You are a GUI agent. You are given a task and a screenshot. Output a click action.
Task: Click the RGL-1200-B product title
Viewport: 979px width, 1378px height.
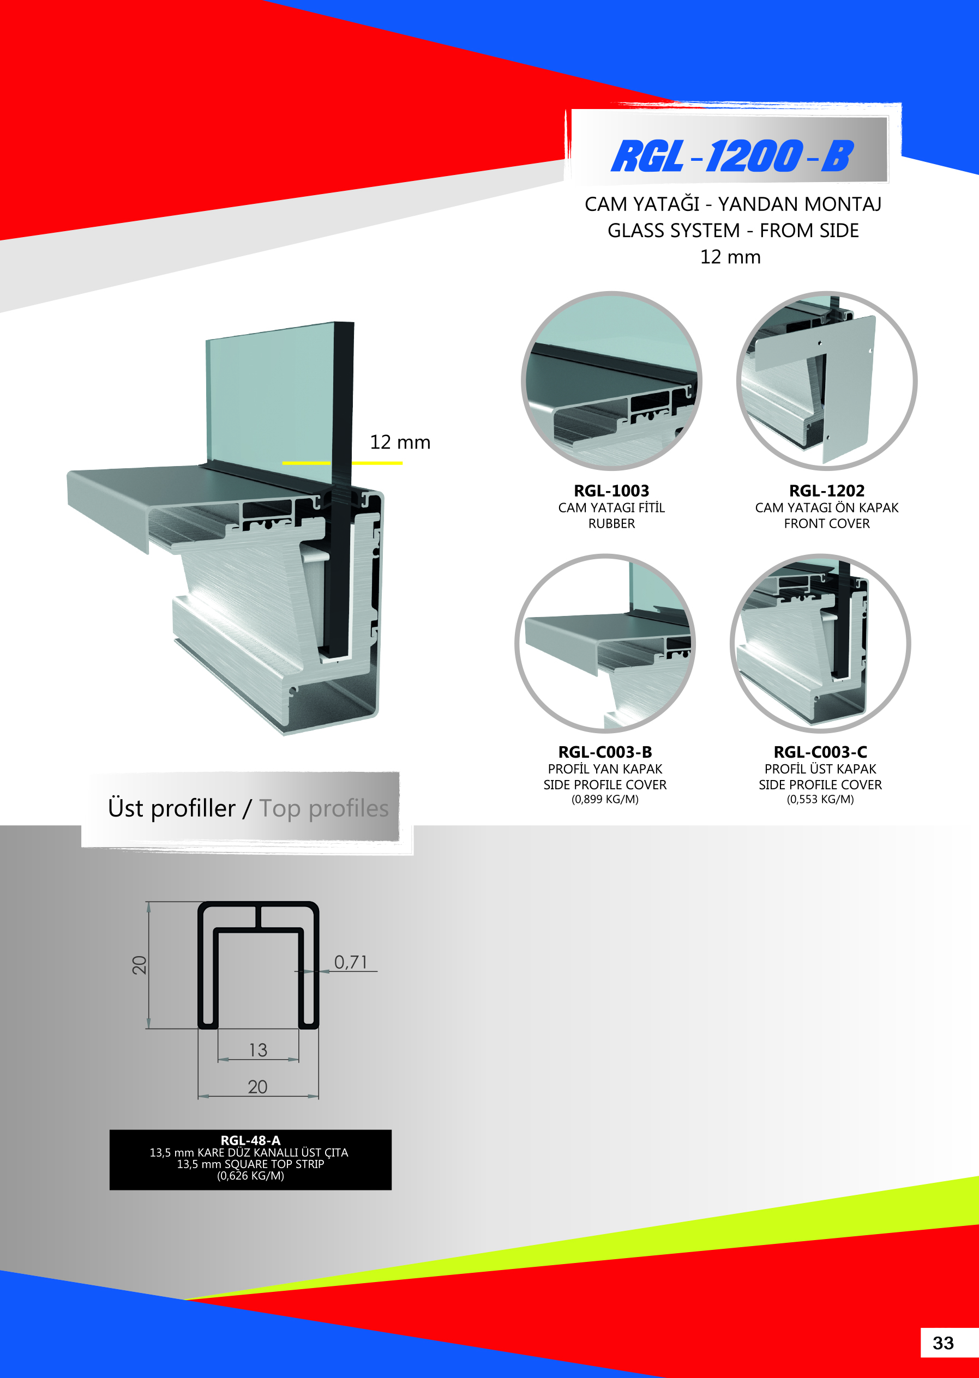[732, 155]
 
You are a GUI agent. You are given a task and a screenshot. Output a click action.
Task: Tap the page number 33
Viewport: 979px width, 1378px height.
[944, 1343]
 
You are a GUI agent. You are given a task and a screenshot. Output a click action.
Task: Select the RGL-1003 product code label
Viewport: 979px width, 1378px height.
[611, 491]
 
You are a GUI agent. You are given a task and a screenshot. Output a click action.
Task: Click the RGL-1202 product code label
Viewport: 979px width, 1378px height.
[826, 491]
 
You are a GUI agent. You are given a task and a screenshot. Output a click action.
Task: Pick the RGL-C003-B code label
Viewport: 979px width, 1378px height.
[605, 752]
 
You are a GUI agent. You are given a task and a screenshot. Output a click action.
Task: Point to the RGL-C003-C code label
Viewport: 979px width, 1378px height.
[820, 752]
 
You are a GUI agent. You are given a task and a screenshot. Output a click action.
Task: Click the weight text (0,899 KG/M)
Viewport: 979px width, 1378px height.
[605, 800]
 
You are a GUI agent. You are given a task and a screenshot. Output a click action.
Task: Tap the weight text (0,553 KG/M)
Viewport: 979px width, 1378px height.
[820, 800]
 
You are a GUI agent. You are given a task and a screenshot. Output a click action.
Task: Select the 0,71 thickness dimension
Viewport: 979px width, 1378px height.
[350, 962]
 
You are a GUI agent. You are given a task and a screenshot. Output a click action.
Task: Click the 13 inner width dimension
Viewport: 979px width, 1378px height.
[258, 1050]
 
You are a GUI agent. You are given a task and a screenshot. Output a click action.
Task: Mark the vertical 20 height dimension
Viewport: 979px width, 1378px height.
[139, 965]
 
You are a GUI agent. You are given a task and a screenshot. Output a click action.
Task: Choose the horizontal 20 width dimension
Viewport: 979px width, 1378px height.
[257, 1087]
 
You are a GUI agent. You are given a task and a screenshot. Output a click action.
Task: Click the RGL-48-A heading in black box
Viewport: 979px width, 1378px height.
[250, 1140]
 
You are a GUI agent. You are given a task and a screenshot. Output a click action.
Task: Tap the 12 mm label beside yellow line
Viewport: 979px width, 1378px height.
[400, 442]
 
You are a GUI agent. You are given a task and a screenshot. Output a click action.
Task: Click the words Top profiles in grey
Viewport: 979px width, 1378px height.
[324, 808]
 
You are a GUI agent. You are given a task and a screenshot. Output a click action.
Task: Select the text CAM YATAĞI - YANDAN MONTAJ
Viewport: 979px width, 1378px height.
[732, 204]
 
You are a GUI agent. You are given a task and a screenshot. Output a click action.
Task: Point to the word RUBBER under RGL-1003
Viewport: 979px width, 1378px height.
[611, 524]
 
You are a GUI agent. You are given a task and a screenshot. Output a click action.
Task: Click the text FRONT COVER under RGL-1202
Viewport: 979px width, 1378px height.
[826, 524]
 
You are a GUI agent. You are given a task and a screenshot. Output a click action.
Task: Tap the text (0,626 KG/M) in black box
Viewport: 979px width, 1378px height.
[250, 1176]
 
